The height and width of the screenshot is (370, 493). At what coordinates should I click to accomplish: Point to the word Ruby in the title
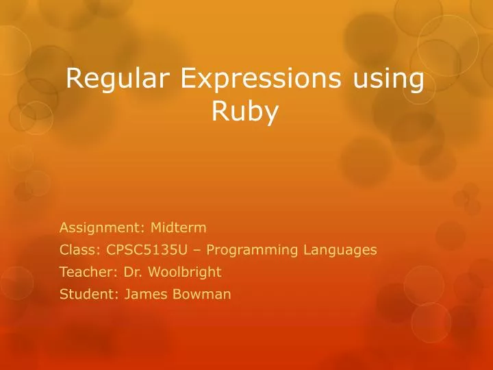click(x=245, y=112)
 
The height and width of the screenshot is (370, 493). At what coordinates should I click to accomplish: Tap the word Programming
click(x=253, y=250)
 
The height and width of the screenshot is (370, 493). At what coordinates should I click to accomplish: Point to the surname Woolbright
click(x=184, y=272)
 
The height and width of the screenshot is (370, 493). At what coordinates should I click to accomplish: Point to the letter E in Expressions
click(x=190, y=79)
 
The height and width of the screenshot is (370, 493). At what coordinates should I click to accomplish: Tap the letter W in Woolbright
click(x=153, y=272)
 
